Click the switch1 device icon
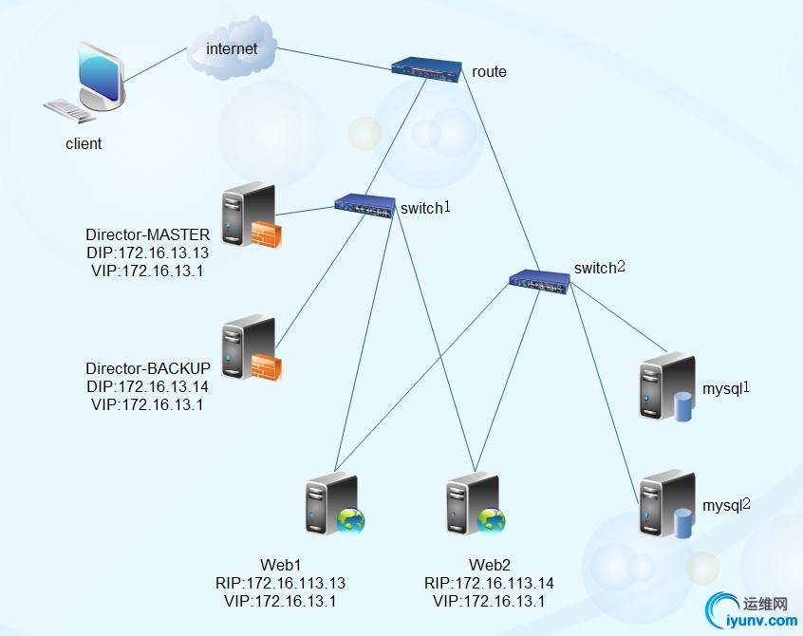(364, 206)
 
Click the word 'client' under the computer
(84, 144)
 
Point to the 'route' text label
(489, 71)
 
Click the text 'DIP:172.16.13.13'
(147, 253)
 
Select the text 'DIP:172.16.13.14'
(147, 386)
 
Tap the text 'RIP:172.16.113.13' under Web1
(280, 583)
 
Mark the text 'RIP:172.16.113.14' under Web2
(489, 583)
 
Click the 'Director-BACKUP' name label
(147, 368)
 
